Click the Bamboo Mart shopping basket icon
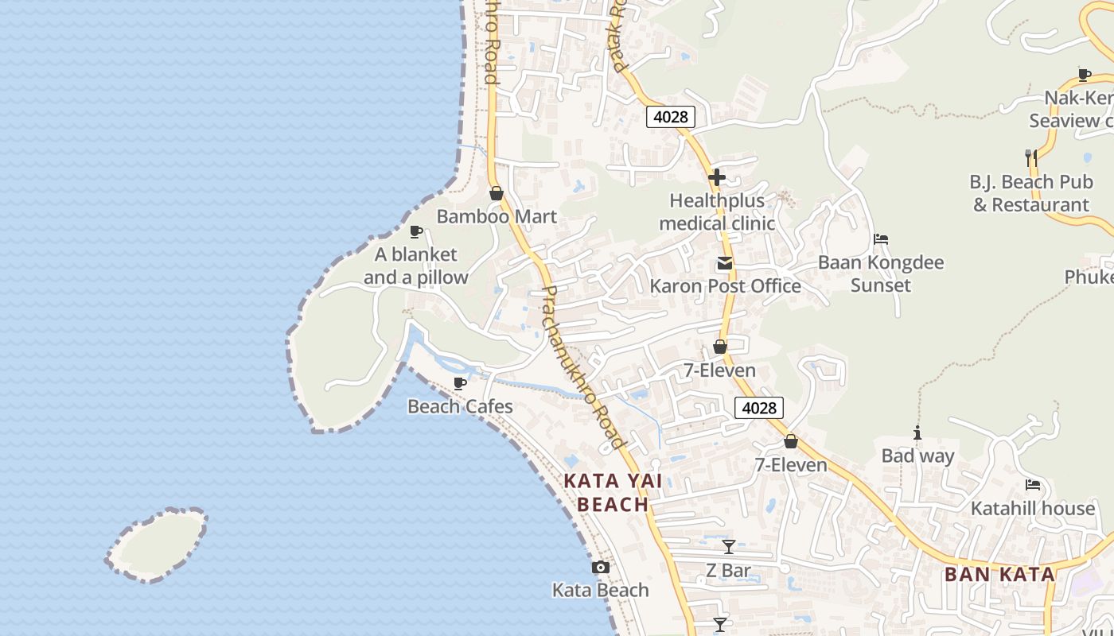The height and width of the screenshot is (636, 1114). click(x=497, y=193)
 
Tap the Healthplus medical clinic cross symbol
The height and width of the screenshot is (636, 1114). click(x=717, y=177)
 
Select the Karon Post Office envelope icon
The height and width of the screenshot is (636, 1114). click(x=725, y=263)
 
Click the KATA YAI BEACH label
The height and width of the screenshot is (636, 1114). click(x=613, y=493)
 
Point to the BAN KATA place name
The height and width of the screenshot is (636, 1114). click(x=999, y=574)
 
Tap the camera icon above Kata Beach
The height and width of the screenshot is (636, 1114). click(x=601, y=567)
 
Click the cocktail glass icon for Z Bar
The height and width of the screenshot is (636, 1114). click(x=728, y=547)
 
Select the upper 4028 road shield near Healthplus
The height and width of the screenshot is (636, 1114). click(x=670, y=117)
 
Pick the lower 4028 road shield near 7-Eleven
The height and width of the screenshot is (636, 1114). click(x=758, y=408)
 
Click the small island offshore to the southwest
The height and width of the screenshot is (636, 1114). click(x=157, y=545)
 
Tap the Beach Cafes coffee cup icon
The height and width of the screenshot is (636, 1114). click(x=459, y=383)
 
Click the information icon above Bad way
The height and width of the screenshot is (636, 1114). click(x=917, y=432)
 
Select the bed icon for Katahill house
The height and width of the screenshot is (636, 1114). click(x=1033, y=484)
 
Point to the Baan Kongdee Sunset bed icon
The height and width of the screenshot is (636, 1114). click(x=881, y=238)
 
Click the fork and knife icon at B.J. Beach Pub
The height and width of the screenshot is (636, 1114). click(x=1031, y=157)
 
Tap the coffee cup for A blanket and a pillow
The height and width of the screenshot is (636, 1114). click(x=415, y=231)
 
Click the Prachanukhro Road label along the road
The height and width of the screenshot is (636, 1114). click(x=582, y=366)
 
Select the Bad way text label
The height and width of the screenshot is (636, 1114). click(x=917, y=456)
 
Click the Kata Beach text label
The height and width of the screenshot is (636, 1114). click(x=601, y=590)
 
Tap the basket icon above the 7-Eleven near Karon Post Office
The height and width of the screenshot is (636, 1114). click(x=720, y=347)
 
